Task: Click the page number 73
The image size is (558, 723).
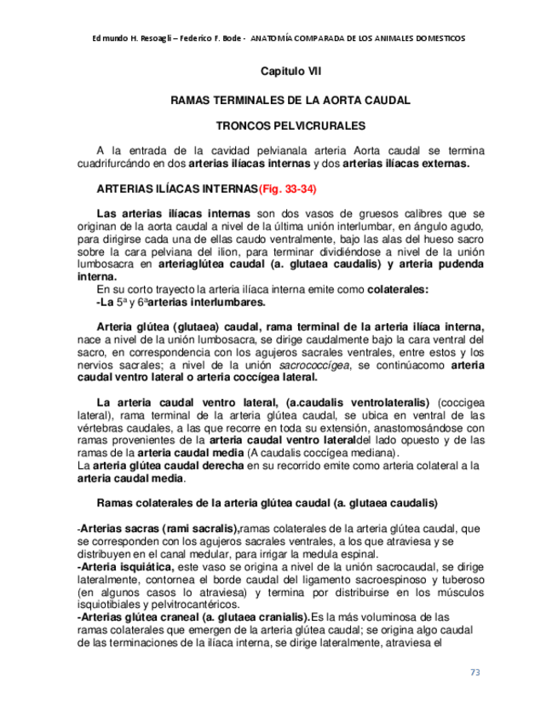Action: [x=475, y=672]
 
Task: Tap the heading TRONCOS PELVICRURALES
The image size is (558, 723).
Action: [x=290, y=124]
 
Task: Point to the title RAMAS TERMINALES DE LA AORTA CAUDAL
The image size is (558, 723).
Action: [x=290, y=100]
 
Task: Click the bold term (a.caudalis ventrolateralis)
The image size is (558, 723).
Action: [x=359, y=402]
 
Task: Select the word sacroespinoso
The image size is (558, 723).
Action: [x=388, y=577]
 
